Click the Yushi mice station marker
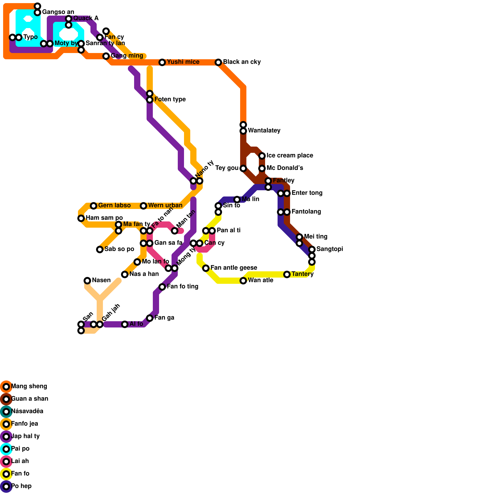(162, 62)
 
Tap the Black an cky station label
(242, 62)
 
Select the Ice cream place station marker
(262, 156)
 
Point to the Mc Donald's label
(285, 168)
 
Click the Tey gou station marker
(243, 168)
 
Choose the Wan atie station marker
(243, 281)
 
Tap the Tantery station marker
(287, 274)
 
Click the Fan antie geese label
(234, 268)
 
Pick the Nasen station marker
(87, 281)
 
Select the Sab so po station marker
(100, 249)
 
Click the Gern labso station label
(114, 206)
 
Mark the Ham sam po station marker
(81, 218)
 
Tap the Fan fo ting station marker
(162, 287)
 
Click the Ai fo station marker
(125, 324)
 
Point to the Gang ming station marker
(106, 56)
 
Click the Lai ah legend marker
(6, 462)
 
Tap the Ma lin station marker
(237, 200)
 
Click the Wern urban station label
(165, 206)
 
